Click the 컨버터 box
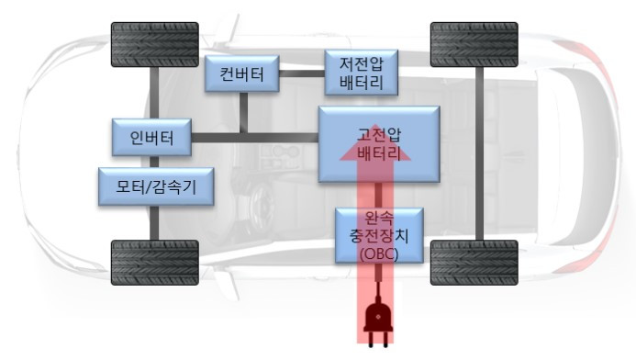click(242, 75)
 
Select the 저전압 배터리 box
click(362, 74)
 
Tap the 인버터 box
click(152, 139)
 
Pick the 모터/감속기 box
click(157, 187)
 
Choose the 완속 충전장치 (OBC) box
click(379, 234)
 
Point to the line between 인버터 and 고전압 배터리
click(254, 138)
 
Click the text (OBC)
click(379, 253)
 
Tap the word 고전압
click(379, 134)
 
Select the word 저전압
click(362, 65)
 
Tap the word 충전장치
click(379, 236)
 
